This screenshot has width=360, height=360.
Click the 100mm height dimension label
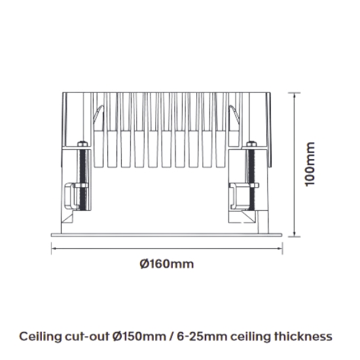click(x=310, y=164)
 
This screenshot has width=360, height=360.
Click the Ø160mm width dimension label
click(x=167, y=264)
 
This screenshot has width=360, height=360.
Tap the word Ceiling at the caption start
click(x=41, y=337)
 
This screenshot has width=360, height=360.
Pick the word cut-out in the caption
click(x=87, y=337)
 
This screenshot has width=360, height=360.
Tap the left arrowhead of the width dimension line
click(x=54, y=248)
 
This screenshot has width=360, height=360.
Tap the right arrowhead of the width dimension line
click(x=280, y=248)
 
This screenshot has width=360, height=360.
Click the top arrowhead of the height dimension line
click(x=294, y=95)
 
